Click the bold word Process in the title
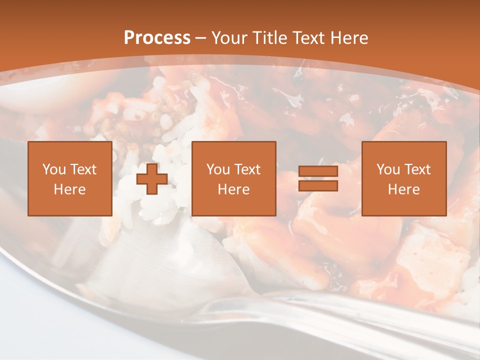click(157, 38)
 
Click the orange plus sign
click(152, 178)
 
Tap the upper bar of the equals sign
click(318, 171)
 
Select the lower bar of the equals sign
click(318, 186)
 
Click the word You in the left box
click(54, 169)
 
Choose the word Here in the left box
click(69, 189)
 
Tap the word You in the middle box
click(218, 169)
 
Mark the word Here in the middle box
click(233, 189)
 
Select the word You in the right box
click(388, 169)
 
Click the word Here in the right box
click(403, 189)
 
